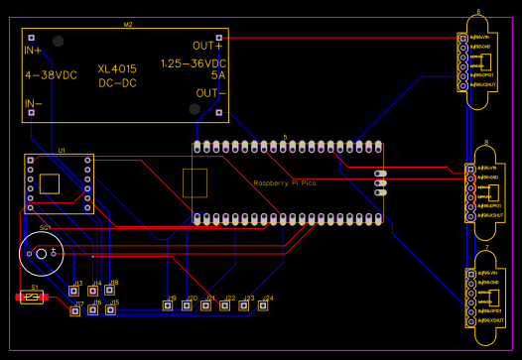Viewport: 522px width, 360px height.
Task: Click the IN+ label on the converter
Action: pos(33,49)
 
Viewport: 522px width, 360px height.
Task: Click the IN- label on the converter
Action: pos(33,102)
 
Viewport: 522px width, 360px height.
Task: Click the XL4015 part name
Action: pos(117,68)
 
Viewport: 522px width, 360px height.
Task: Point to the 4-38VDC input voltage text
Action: pos(51,74)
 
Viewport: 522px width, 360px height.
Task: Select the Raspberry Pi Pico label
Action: pos(285,183)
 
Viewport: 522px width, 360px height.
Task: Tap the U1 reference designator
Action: pos(62,150)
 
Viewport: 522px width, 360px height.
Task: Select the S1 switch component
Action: pos(34,297)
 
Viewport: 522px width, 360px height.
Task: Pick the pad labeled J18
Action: pos(113,291)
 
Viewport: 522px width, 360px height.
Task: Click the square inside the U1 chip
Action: pos(49,182)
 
